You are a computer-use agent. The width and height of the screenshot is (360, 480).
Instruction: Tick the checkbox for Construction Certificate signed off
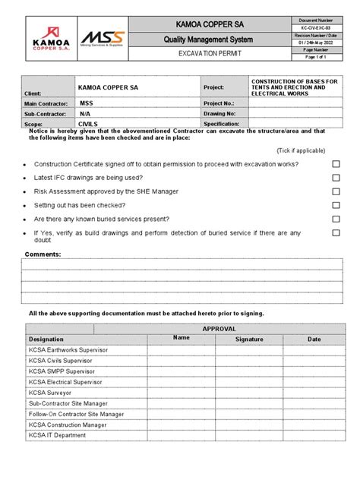[336, 164]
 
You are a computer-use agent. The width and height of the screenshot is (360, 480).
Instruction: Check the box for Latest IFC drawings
[336, 178]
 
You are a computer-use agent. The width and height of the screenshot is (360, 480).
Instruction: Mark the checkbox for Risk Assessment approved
[336, 191]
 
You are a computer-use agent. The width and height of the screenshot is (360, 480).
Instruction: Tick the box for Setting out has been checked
[336, 205]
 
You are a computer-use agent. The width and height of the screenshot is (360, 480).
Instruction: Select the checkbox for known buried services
[336, 219]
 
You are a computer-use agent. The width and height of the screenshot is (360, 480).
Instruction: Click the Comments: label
[43, 254]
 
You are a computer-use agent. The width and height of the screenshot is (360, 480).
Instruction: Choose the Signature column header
[249, 339]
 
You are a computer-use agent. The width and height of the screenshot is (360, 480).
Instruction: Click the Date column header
[314, 339]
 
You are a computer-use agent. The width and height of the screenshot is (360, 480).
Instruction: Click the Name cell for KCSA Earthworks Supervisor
[181, 350]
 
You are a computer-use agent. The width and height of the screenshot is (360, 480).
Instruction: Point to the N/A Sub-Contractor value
[86, 111]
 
